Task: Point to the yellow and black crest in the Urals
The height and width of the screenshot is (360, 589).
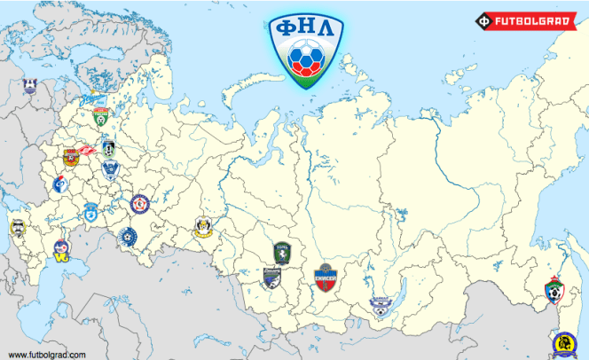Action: coord(204,231)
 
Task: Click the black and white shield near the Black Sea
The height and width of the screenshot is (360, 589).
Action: coord(18,228)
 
